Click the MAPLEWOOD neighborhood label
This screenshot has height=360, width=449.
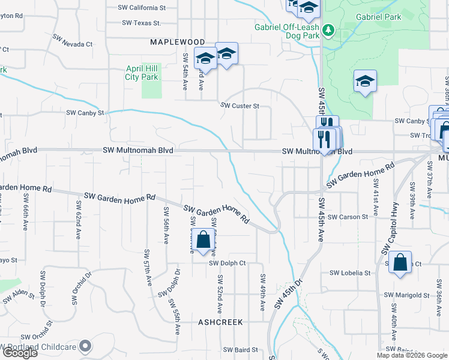[177, 41]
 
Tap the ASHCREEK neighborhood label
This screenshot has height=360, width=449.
[221, 322]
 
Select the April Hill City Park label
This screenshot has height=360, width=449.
[142, 73]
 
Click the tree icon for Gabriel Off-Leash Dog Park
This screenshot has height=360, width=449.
[328, 29]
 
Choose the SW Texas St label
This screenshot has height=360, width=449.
[142, 23]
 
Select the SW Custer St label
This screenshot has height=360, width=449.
[240, 106]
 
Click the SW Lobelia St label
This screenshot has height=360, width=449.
[350, 273]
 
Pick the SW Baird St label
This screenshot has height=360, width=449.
[241, 350]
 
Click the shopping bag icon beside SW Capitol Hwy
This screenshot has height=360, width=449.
[400, 262]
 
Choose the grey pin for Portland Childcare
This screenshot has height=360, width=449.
[86, 346]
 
